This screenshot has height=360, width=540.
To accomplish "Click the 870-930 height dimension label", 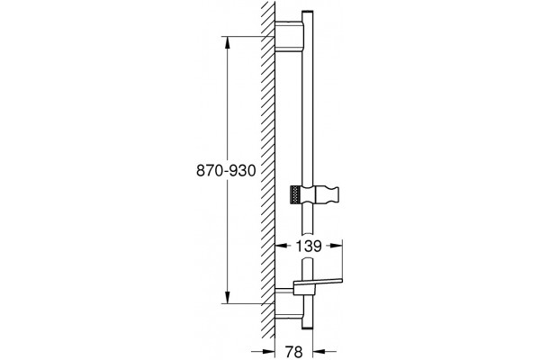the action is [226, 170].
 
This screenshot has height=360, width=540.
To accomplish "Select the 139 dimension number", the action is [309, 246].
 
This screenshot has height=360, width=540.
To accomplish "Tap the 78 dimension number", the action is [293, 352].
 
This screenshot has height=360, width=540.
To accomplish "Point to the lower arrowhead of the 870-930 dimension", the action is [228, 297].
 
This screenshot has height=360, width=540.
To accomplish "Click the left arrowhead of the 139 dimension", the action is [282, 246].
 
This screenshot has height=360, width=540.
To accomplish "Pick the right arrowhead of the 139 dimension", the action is [336, 246].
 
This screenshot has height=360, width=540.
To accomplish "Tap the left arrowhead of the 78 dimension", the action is [268, 351].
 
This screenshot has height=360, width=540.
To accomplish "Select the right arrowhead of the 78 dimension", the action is [319, 351].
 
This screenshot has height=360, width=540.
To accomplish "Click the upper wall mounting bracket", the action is [289, 37].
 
